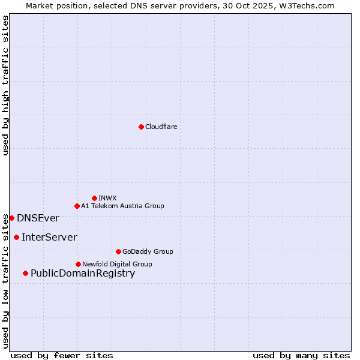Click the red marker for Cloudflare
(x=141, y=127)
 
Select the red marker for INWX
(x=94, y=198)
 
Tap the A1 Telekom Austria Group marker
(x=77, y=206)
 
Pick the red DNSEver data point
(x=11, y=218)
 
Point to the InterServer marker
(x=16, y=237)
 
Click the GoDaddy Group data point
(x=118, y=251)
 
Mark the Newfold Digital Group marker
(x=78, y=264)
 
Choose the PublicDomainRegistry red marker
(x=25, y=273)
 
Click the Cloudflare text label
(x=161, y=127)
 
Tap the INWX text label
(x=107, y=198)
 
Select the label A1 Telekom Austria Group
(x=122, y=206)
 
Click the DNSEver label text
(x=38, y=218)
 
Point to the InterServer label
(x=49, y=238)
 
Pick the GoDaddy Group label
(x=148, y=251)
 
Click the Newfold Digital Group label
(x=117, y=264)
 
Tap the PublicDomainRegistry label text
(x=83, y=274)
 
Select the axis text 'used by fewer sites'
(x=62, y=355)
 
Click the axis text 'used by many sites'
(x=301, y=355)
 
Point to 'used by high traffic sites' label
(x=5, y=85)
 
